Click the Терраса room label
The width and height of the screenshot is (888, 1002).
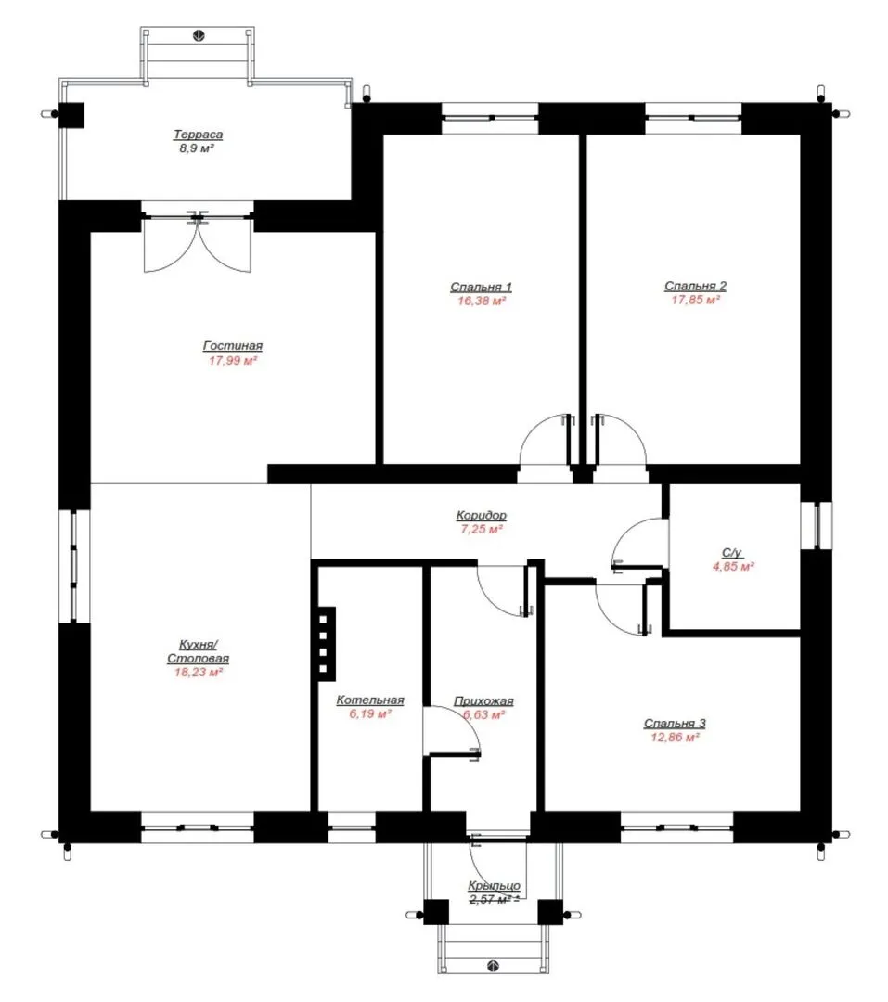click(199, 135)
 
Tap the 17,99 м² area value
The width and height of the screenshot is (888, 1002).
click(233, 360)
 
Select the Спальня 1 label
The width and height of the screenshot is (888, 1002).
click(481, 287)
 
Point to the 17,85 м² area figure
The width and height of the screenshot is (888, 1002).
click(696, 300)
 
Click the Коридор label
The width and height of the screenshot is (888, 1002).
click(482, 515)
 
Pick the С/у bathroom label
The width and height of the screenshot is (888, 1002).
click(733, 553)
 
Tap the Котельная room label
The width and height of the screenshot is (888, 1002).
click(370, 700)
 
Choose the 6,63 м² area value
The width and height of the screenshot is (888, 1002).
click(484, 715)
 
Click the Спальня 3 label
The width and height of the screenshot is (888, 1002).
click(675, 724)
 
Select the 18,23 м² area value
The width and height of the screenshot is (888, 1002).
click(199, 673)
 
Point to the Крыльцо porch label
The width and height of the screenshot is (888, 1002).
click(494, 886)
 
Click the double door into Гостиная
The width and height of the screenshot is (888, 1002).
click(198, 244)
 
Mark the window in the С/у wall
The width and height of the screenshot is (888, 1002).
click(817, 524)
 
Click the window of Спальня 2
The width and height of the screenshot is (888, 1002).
click(693, 119)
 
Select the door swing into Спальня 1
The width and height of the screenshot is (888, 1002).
click(545, 441)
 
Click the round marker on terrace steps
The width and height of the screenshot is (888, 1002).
click(199, 36)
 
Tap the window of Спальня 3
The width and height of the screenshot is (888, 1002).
click(676, 828)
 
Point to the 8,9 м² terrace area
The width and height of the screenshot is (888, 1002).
click(197, 148)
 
